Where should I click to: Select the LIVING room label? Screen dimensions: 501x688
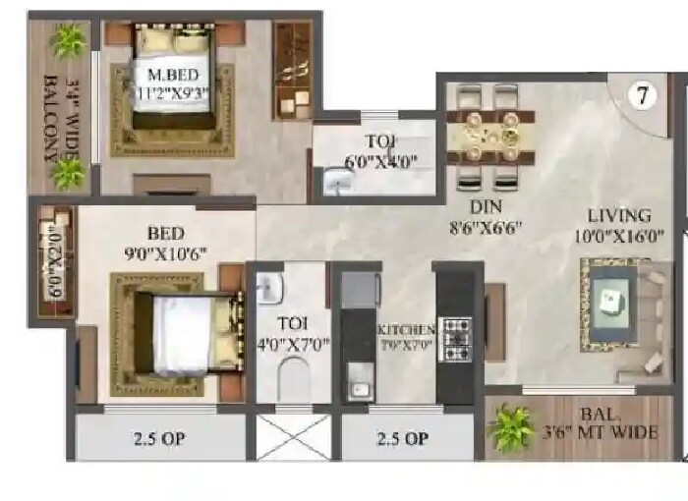tap(619, 215)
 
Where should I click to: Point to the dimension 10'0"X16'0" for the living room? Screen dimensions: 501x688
tap(619, 235)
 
